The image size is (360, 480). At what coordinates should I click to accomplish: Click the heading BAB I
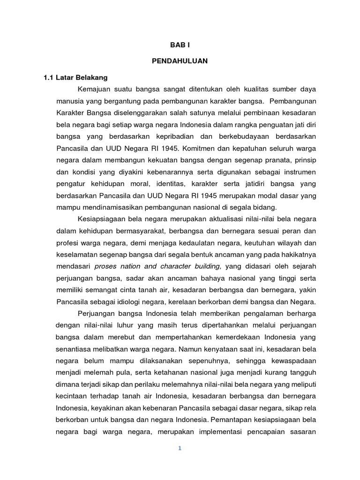coord(180,45)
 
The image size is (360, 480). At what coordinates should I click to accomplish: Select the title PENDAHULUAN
coord(180,61)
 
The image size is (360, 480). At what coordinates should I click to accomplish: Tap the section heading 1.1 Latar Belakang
coord(75,77)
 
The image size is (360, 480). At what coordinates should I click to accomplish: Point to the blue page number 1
coord(180,448)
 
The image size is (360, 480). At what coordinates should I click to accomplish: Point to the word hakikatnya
coord(297,254)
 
